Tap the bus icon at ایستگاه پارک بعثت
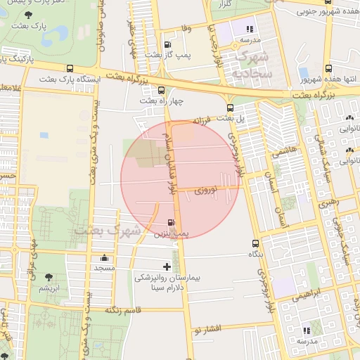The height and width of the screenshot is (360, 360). tap(70, 68)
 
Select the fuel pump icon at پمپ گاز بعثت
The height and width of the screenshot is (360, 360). tap(167, 43)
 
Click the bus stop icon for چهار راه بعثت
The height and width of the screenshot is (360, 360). tap(162, 90)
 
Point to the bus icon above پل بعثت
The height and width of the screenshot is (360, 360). tap(231, 107)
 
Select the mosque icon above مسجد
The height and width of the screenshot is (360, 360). tap(105, 257)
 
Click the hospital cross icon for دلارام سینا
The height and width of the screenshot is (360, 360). tap(167, 266)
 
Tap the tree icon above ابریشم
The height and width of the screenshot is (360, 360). tap(49, 278)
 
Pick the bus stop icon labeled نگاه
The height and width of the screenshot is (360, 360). tap(255, 243)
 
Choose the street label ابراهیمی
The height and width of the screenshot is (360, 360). tap(306, 292)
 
